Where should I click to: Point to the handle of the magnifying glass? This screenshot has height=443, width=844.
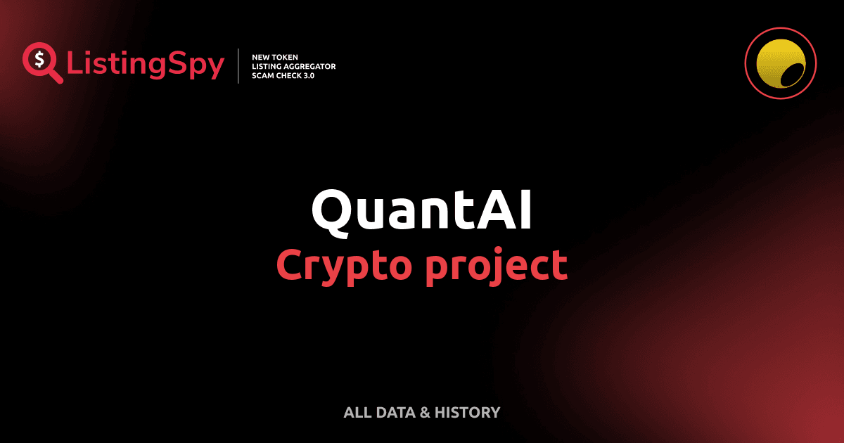(x=56, y=77)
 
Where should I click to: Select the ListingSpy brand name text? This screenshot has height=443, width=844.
(x=146, y=65)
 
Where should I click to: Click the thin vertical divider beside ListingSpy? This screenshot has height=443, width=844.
(x=240, y=65)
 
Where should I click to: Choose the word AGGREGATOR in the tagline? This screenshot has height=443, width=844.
(x=308, y=65)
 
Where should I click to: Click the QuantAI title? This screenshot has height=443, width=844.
(x=421, y=210)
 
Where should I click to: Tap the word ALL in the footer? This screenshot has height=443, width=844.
(x=356, y=413)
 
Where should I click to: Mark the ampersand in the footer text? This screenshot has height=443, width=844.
(x=424, y=413)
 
